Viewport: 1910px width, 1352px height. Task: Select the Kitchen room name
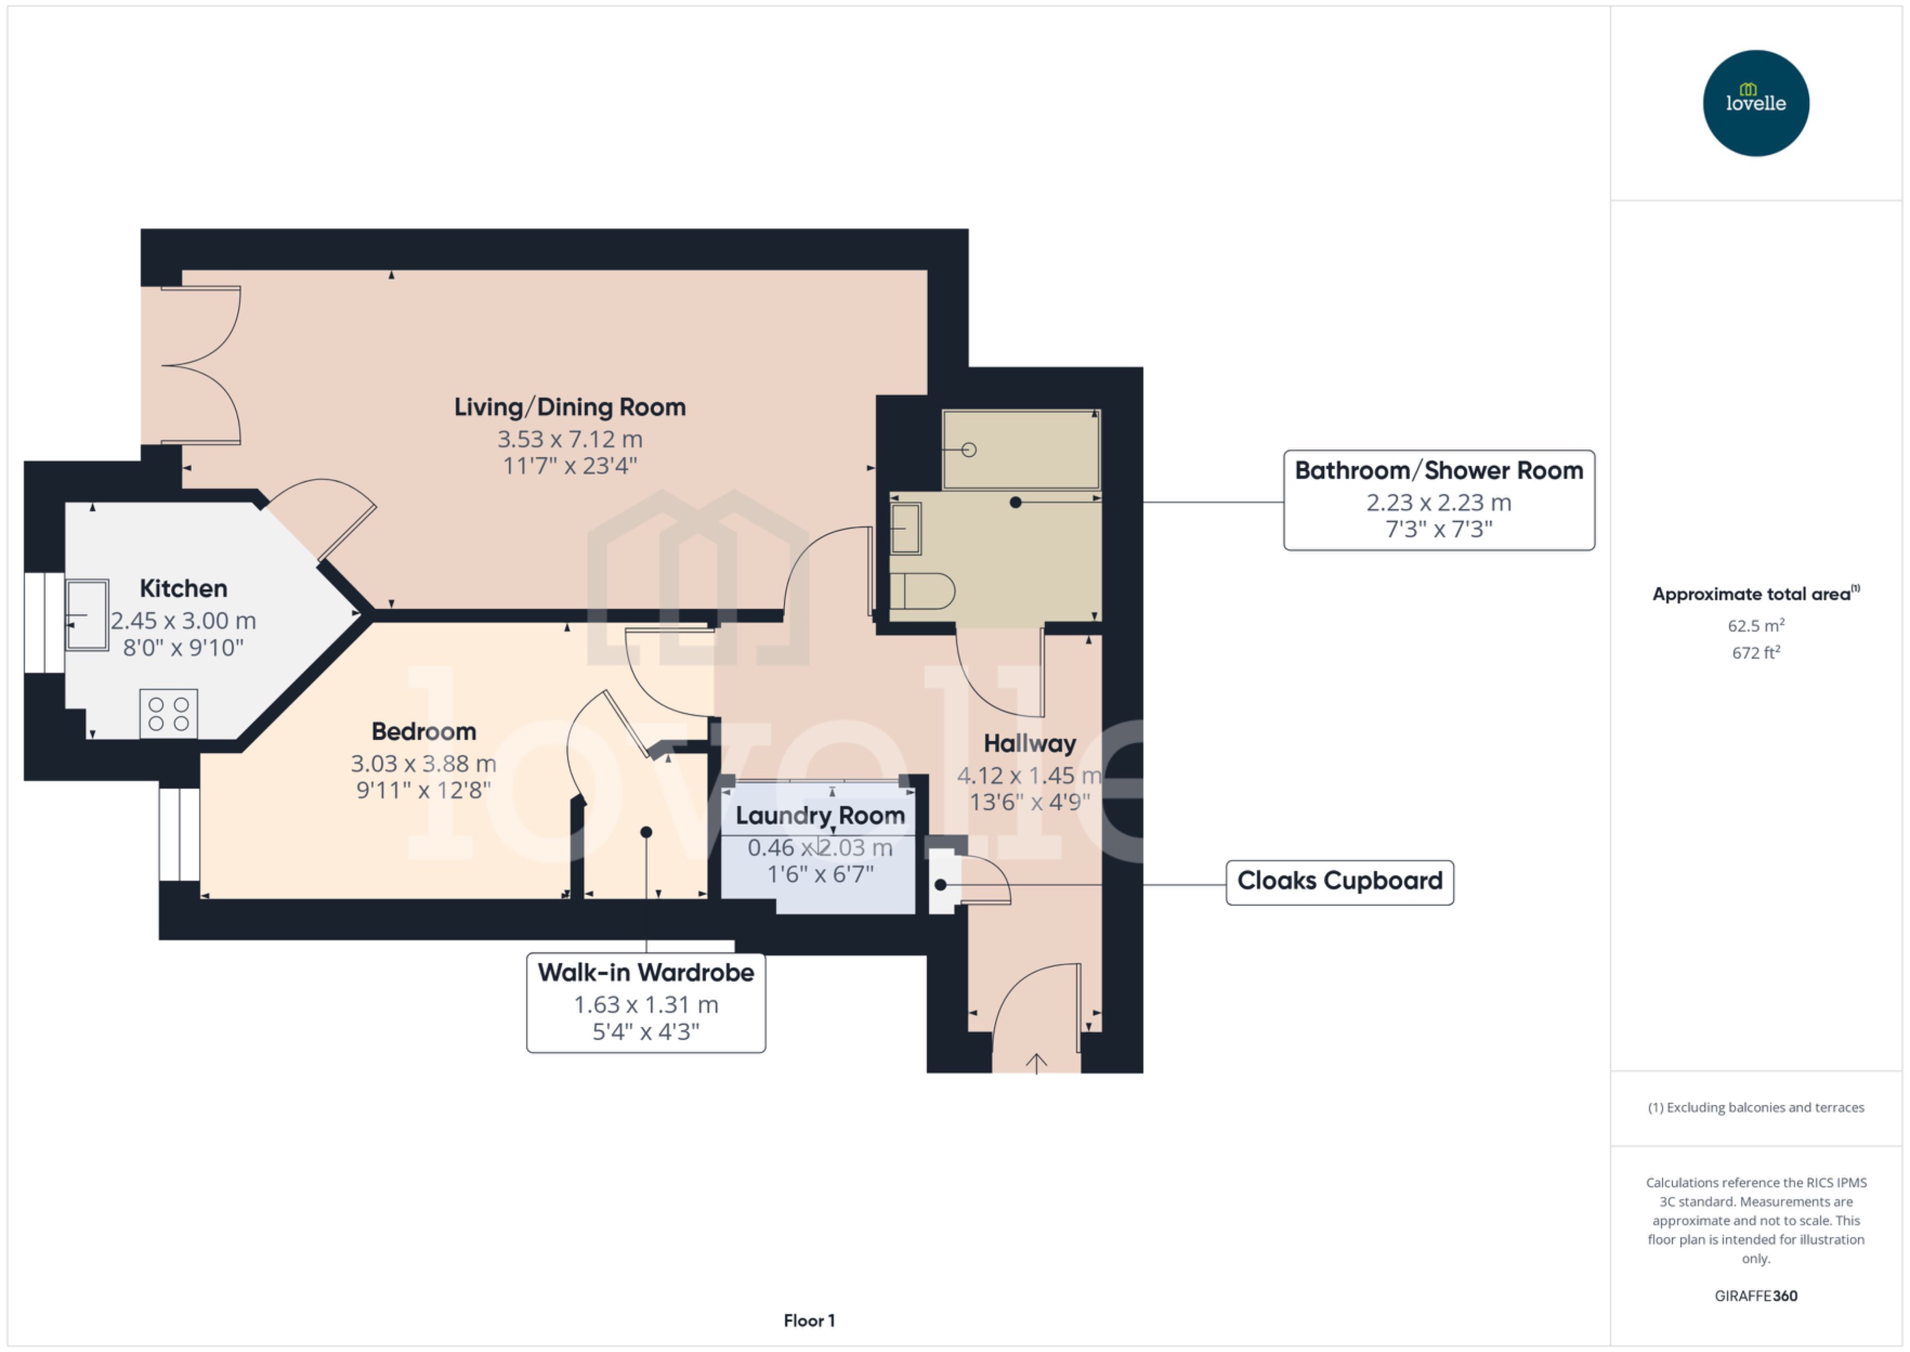[183, 588]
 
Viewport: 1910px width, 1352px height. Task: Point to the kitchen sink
[87, 615]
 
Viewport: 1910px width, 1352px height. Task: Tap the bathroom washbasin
[905, 529]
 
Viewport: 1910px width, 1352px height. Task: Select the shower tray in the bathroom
[1020, 450]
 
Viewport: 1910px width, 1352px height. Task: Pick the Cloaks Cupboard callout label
[1339, 882]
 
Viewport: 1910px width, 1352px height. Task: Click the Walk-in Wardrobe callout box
[646, 1002]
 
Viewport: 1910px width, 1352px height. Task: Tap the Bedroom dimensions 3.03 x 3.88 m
[423, 764]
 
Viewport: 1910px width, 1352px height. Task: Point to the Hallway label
[1029, 743]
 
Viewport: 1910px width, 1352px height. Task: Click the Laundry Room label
[820, 816]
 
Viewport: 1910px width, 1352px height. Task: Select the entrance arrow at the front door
[1036, 1063]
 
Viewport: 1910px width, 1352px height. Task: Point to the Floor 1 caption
[809, 1320]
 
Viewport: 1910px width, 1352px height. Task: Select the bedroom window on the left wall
[179, 834]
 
